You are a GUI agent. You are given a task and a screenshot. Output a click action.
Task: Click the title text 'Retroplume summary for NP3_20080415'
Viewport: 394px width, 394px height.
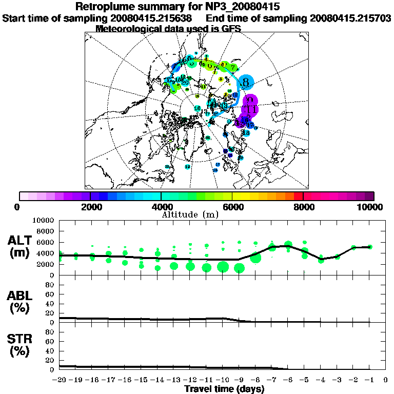click(178, 7)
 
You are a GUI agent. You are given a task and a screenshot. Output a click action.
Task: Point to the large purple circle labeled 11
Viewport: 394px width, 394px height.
click(251, 109)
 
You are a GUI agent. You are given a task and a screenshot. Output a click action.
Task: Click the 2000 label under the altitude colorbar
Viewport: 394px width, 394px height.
click(90, 207)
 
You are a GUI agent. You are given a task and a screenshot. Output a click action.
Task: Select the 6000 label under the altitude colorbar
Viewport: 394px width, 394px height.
click(232, 207)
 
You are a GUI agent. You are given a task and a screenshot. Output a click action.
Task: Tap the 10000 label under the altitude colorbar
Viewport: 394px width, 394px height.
click(371, 207)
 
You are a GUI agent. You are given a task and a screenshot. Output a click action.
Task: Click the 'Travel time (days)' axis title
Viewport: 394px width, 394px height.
click(225, 389)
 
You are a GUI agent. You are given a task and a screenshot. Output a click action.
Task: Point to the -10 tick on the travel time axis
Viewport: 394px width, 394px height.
click(223, 380)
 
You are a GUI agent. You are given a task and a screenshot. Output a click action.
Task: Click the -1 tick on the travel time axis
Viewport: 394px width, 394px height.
click(369, 380)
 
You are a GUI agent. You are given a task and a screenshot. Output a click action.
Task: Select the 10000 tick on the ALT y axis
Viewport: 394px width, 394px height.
click(45, 220)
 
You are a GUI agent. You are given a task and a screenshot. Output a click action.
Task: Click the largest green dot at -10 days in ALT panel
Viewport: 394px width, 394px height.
click(223, 266)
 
